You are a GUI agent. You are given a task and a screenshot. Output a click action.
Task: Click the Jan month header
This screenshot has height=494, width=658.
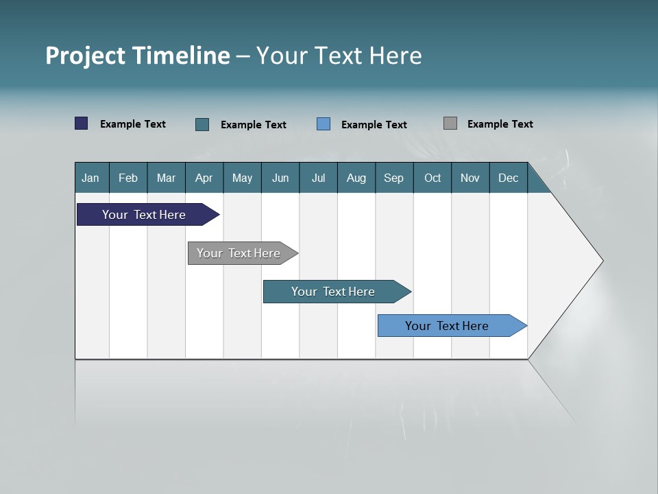tap(91, 178)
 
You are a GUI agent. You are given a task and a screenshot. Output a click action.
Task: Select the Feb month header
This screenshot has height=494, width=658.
tap(128, 178)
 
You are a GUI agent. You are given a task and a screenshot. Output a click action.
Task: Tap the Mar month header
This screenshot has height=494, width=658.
tap(166, 178)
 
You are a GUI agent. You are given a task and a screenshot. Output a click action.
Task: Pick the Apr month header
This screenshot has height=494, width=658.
tap(204, 178)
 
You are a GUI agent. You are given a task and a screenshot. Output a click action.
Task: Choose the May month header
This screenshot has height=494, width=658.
tap(242, 178)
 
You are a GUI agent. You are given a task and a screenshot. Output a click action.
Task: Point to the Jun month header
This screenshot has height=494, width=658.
tap(280, 178)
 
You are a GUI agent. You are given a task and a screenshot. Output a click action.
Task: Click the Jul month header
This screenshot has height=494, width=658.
tap(318, 178)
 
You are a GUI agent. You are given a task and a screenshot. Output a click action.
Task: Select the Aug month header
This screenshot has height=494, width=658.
tap(356, 178)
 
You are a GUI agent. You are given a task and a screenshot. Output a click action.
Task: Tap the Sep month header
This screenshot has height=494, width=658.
tap(394, 178)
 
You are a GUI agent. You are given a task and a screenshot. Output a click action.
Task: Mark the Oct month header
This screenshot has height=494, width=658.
tap(432, 178)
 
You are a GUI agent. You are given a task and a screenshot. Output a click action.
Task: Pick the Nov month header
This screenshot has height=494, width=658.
tap(470, 178)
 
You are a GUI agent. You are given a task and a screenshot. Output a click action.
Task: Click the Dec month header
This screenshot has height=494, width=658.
tap(509, 178)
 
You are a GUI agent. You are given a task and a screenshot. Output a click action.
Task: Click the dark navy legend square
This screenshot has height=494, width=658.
tap(82, 123)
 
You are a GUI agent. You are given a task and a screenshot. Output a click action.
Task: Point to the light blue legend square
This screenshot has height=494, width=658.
tap(324, 124)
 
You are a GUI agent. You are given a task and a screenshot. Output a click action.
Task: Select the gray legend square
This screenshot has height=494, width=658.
tap(450, 123)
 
